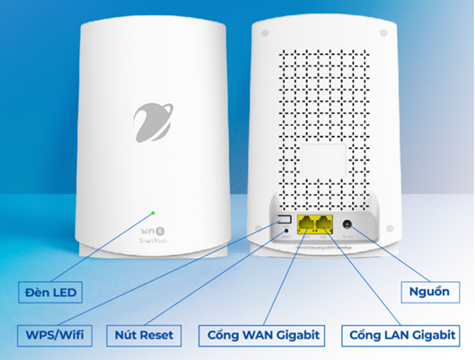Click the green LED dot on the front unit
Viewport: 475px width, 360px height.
(154, 214)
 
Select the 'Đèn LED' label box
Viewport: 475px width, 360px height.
(52, 292)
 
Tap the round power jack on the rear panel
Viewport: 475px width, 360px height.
(346, 223)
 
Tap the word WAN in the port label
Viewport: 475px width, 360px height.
(260, 336)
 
